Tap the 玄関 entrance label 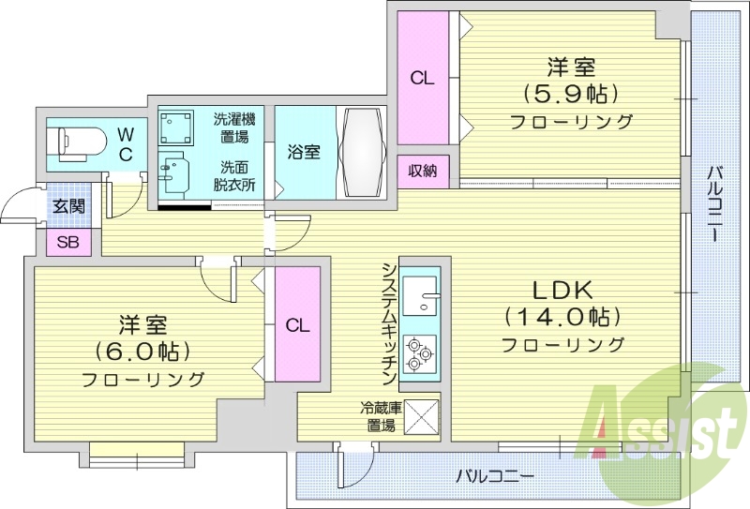pos(67,206)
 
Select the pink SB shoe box pos(68,242)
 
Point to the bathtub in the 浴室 pos(361,150)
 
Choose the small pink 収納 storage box pos(422,171)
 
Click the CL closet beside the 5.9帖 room pos(423,79)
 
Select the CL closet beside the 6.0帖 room pos(297,325)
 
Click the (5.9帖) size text pos(571,94)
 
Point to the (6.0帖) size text pos(142,352)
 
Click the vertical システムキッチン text pos(386,323)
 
